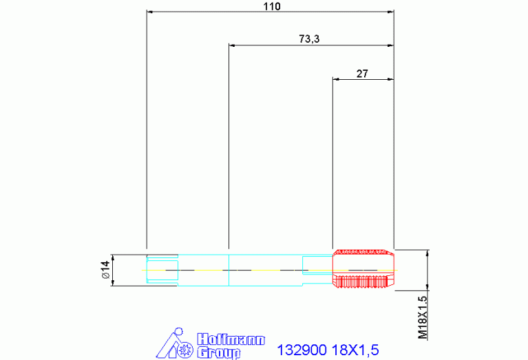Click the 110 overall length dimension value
272,6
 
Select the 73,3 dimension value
309,39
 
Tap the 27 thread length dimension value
362,74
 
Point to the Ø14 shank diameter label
105,269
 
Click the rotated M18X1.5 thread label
423,317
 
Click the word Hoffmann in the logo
231,340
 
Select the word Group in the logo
218,352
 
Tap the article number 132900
302,350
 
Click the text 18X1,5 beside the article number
355,350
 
